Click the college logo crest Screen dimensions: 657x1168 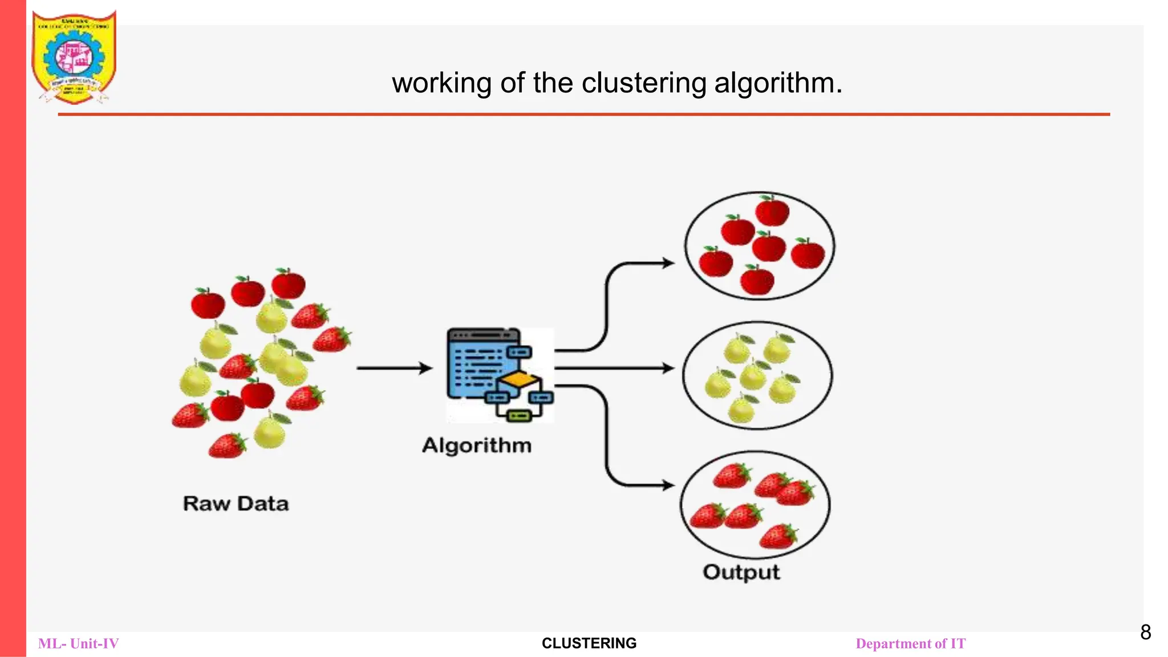(x=74, y=57)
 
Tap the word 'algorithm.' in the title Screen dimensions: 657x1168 (x=778, y=83)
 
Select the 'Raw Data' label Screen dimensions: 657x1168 (x=236, y=504)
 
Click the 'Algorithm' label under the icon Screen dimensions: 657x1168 (x=477, y=445)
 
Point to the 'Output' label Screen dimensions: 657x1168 (x=741, y=571)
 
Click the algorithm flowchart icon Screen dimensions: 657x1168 (x=500, y=374)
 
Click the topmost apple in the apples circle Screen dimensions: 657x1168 (x=772, y=210)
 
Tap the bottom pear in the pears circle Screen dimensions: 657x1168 (x=742, y=409)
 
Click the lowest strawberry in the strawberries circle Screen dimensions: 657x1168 (x=778, y=536)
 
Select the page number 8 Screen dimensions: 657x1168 (x=1145, y=632)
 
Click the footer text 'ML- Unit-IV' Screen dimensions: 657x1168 (x=79, y=644)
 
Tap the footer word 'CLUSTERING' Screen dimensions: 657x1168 (x=589, y=643)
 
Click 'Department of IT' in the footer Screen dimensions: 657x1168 (x=910, y=644)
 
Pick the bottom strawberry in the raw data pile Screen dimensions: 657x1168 (x=227, y=446)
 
